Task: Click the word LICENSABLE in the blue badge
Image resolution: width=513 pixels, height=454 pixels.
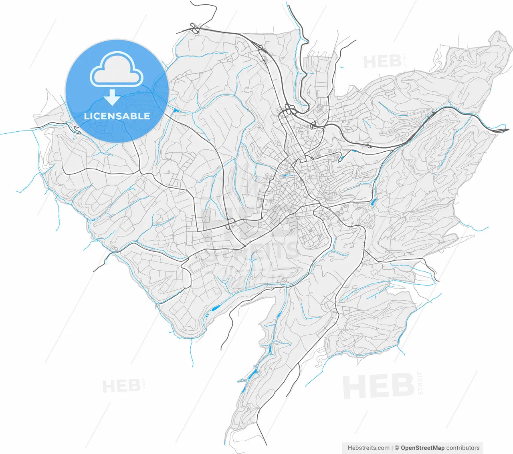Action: click(117, 116)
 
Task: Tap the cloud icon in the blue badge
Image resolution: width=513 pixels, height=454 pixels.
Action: click(117, 70)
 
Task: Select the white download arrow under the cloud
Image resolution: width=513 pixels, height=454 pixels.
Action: click(112, 97)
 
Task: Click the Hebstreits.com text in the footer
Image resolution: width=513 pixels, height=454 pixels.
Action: click(368, 448)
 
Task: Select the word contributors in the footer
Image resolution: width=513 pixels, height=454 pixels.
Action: click(463, 448)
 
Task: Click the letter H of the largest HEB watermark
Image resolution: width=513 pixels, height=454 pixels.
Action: click(355, 387)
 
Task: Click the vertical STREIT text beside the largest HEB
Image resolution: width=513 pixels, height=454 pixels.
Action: click(420, 383)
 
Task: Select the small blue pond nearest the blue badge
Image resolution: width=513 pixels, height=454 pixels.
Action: click(176, 110)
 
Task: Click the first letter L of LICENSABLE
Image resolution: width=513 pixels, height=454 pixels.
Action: click(86, 116)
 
